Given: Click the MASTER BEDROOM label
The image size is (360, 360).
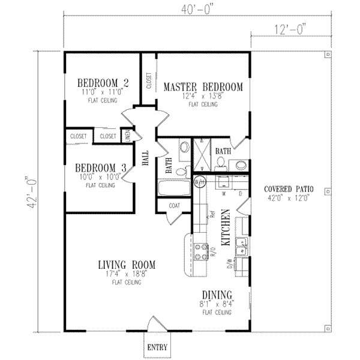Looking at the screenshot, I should pyautogui.click(x=203, y=87).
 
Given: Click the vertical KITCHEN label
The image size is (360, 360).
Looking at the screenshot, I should pyautogui.click(x=227, y=228).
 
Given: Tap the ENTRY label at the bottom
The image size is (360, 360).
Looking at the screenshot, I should pyautogui.click(x=157, y=348).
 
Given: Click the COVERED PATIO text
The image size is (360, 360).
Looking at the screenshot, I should pyautogui.click(x=289, y=190).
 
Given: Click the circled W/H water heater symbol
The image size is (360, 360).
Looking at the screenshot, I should pyautogui.click(x=200, y=181).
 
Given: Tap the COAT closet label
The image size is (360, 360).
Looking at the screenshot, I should pyautogui.click(x=174, y=205).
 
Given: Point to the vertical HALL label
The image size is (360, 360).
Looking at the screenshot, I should pyautogui.click(x=145, y=158).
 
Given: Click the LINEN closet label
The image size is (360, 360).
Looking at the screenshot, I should pyautogui.click(x=127, y=136).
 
